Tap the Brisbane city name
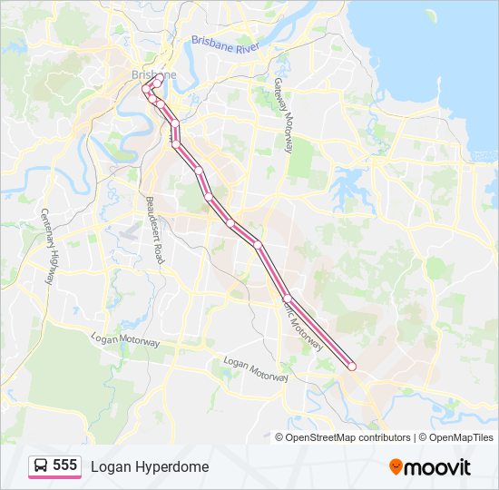pos(153,74)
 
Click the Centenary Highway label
pos(49,245)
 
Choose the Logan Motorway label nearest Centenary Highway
pos(125,339)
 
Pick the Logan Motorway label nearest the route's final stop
pos(256,368)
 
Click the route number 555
pos(64,465)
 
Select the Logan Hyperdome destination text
pos(149,466)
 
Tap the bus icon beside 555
pos(40,466)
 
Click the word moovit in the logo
pos(437,467)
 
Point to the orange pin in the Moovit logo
pos(396,466)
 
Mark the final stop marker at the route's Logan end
pos(352,366)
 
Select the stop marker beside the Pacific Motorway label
pos(287,299)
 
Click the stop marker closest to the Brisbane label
pos(157,83)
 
